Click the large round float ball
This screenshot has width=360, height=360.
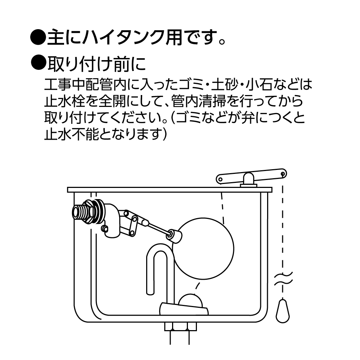click(x=203, y=249)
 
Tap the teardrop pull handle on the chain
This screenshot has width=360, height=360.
click(x=283, y=311)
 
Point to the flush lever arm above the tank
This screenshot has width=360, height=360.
click(x=251, y=176)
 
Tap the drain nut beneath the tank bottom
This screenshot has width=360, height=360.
click(x=180, y=327)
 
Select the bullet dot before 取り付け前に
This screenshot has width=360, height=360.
click(x=39, y=62)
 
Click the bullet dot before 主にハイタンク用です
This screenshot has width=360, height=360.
click(x=39, y=37)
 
